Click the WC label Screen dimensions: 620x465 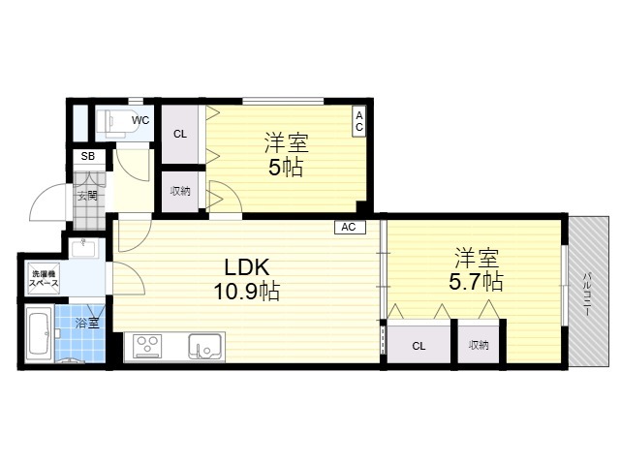(140, 120)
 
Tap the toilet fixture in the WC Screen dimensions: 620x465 (114, 123)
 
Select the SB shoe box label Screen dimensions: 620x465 (88, 156)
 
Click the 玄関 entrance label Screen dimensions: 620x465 (87, 196)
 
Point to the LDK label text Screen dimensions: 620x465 (247, 267)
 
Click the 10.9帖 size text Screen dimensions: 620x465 (247, 292)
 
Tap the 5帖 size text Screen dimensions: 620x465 (286, 168)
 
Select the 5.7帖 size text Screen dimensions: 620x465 (476, 282)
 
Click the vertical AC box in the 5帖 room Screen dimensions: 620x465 (359, 121)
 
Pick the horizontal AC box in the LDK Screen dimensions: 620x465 (350, 228)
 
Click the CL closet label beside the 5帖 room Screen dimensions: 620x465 (180, 134)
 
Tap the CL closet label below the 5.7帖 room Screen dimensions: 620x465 (418, 347)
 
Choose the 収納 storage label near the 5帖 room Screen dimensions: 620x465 (180, 191)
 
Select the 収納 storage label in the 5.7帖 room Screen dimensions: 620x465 (479, 345)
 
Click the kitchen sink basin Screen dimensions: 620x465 (204, 347)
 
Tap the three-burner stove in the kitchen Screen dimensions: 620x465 (147, 347)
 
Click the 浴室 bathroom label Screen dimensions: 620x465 (87, 323)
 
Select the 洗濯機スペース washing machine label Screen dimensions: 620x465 (44, 278)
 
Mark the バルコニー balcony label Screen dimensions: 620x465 (588, 294)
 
